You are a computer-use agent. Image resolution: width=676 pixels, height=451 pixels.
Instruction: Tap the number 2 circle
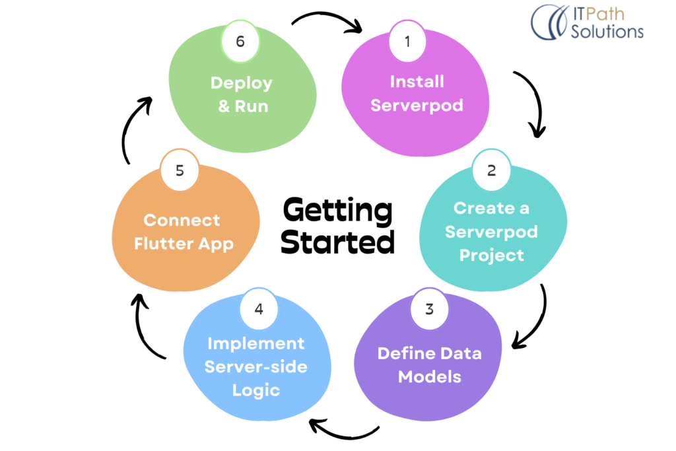[x=491, y=170]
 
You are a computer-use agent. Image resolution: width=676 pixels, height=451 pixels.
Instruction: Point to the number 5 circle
[x=180, y=170]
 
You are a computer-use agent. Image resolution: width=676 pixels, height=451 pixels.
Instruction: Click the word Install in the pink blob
[x=417, y=82]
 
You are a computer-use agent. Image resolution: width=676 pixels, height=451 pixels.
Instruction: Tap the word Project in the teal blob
[x=492, y=255]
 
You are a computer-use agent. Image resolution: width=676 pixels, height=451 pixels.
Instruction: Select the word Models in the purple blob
[x=429, y=377]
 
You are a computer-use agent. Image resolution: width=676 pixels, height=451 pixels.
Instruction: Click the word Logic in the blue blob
[x=256, y=390]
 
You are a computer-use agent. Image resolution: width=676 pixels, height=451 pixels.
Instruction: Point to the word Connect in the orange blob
[x=182, y=220]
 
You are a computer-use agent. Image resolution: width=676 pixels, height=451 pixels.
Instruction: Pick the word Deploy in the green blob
[x=241, y=83]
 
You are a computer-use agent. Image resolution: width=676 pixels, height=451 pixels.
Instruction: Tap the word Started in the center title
[x=337, y=242]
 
